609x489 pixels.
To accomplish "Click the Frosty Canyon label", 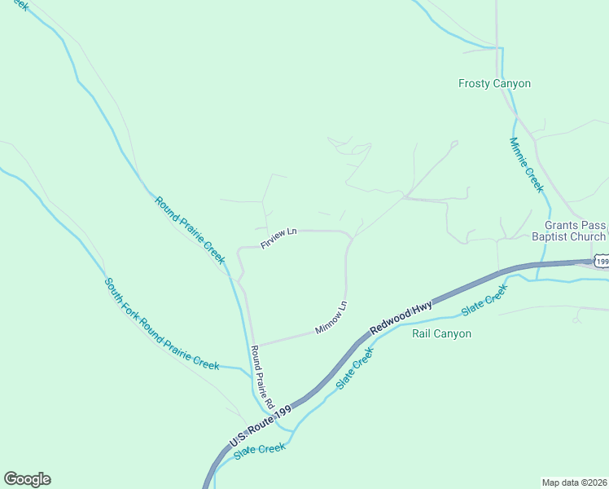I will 494,83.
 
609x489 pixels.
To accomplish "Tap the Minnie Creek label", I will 526,164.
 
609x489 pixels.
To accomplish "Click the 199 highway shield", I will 601,261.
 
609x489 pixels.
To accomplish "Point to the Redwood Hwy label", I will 402,316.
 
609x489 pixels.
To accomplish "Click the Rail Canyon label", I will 441,333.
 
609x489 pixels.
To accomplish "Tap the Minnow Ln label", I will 331,319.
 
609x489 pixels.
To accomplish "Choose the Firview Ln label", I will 278,239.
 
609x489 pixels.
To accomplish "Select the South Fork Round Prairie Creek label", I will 160,324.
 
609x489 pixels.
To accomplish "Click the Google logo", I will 27,479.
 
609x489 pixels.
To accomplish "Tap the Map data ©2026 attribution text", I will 574,482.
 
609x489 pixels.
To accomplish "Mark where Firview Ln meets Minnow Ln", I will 350,237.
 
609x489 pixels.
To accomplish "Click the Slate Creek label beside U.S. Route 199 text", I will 260,451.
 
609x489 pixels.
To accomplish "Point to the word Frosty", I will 474,83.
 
